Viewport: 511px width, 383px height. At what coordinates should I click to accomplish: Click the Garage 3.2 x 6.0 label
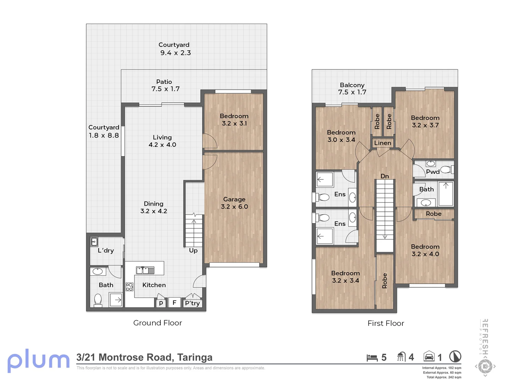coord(234,203)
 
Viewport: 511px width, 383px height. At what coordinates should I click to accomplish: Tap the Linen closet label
coord(383,143)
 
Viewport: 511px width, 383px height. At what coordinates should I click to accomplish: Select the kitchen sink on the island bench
coord(145,270)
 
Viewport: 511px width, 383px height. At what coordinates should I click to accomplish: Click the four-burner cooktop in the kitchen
coord(130,287)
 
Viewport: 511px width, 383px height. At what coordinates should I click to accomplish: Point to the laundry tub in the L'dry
coord(94,242)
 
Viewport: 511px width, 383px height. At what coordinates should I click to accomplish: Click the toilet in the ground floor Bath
coord(98,300)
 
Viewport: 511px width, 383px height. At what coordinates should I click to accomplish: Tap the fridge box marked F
coord(174,302)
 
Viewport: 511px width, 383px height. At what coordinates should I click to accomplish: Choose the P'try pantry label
coord(192,303)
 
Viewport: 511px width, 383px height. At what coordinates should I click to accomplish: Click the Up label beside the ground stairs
coord(193,250)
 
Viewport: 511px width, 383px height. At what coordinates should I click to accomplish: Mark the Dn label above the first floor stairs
coord(385,176)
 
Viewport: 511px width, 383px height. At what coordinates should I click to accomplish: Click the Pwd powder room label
coord(433,172)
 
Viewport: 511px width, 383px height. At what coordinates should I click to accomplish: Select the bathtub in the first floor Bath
coord(446,194)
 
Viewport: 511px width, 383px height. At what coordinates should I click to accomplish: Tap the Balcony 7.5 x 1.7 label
coord(352,89)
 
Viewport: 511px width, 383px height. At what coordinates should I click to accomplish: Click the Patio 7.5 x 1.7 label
coord(165,85)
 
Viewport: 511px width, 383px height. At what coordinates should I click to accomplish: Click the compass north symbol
coord(455,356)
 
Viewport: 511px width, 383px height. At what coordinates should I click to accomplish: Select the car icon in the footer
coord(429,356)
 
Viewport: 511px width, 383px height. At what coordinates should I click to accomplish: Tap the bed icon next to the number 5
coord(372,358)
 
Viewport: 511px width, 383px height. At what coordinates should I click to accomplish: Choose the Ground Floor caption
coord(158,323)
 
